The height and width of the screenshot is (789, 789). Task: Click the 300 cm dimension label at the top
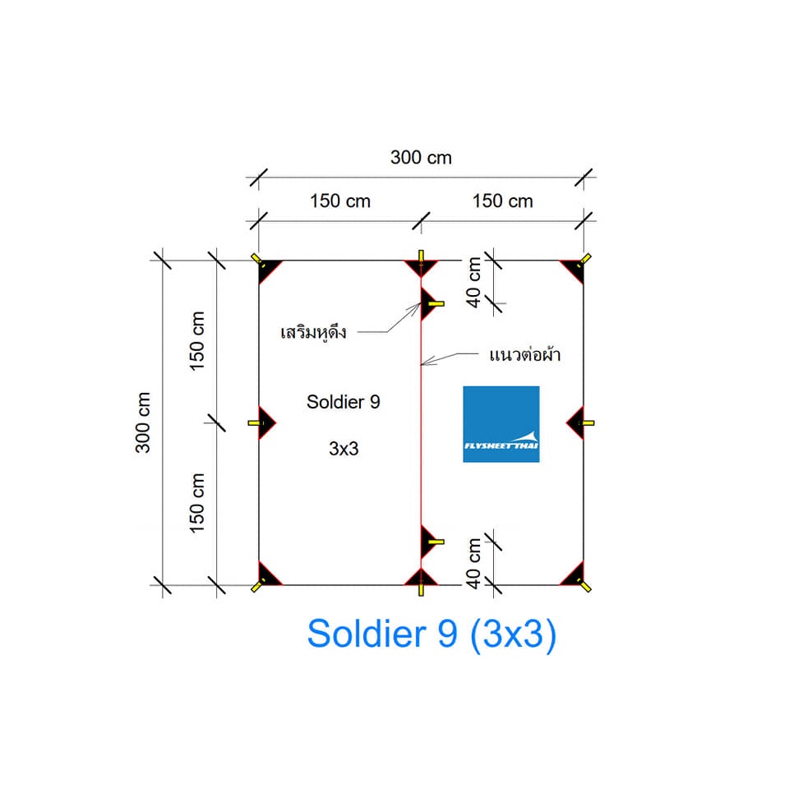[x=421, y=157]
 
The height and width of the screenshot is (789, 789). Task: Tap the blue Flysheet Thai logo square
[x=501, y=423]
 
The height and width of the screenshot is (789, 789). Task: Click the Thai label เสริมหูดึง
[x=314, y=333]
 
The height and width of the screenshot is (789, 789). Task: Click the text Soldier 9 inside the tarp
[x=343, y=402]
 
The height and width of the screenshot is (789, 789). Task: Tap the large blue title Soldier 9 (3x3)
[x=431, y=634]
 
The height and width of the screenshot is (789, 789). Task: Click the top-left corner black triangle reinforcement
[x=267, y=269]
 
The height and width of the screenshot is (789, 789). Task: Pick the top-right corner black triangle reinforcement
[x=574, y=269]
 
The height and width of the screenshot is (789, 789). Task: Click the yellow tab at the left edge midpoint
[x=254, y=423]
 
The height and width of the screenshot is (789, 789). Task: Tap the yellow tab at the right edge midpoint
[x=588, y=423]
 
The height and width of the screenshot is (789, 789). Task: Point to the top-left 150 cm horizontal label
[x=339, y=201]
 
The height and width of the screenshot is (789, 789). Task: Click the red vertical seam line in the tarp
[x=421, y=427]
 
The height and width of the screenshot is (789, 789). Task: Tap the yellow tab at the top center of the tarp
[x=421, y=256]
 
